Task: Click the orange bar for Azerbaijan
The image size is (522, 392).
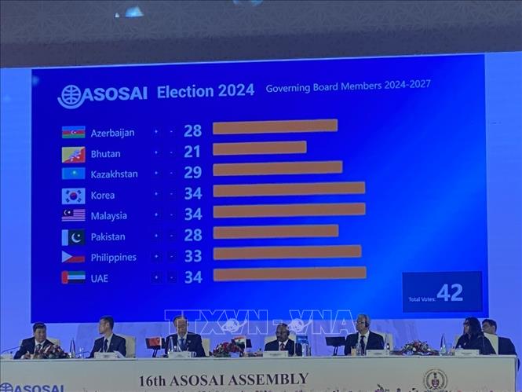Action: (x=275, y=126)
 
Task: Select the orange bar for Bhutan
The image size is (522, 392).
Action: (x=259, y=148)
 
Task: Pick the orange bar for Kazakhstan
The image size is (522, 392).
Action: (x=277, y=168)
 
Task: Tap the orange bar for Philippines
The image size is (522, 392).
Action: (x=287, y=252)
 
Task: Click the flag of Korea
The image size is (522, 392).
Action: (x=73, y=196)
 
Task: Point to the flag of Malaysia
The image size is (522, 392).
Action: (x=73, y=215)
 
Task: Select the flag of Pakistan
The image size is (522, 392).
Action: (x=73, y=236)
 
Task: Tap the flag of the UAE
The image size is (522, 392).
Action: (x=73, y=277)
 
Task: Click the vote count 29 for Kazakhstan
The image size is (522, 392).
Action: (x=192, y=172)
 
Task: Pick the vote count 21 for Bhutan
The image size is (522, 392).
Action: (x=192, y=152)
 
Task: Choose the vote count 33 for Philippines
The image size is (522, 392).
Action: (x=192, y=256)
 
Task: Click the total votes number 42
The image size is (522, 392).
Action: (x=450, y=293)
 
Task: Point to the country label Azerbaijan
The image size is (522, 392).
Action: (x=113, y=133)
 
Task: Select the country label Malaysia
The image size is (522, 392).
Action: (x=109, y=216)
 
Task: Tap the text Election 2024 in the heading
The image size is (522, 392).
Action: (x=206, y=91)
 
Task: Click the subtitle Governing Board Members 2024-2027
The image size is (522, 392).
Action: (x=348, y=86)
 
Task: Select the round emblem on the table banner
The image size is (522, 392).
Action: (x=435, y=381)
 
